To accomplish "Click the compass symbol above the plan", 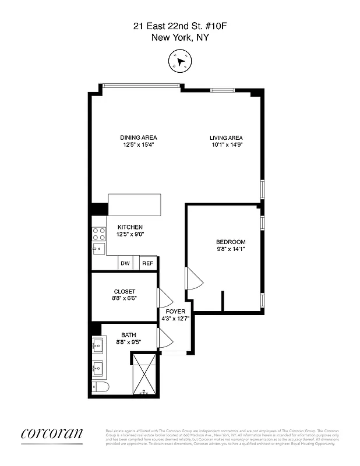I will coord(180,61).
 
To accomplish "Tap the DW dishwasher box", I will coord(125,263).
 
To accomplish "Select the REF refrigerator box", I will coord(148,263).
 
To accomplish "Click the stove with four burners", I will coord(99,234).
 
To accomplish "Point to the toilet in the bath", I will coord(98,388).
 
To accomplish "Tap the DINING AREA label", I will coord(139,137).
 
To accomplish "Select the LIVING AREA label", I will coord(226,137).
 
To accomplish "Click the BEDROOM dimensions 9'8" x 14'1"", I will coord(231,250).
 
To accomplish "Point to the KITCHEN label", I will coord(130,227).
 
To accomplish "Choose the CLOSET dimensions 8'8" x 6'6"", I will coord(125,299).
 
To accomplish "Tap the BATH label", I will coord(129,334).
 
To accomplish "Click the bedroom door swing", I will coord(193,279).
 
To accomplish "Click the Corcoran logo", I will coord(52,433).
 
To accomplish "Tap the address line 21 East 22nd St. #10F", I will coord(180,26).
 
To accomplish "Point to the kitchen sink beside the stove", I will coord(98,249).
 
